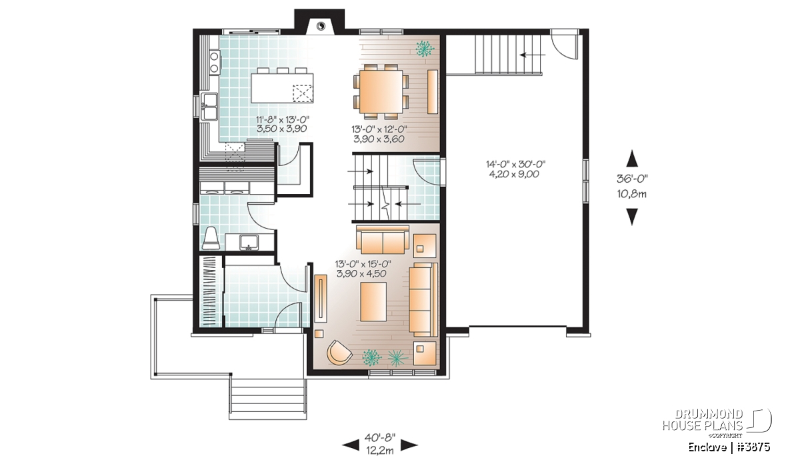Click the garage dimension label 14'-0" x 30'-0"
click(x=516, y=164)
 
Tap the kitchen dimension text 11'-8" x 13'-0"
click(x=282, y=119)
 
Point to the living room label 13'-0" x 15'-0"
click(x=363, y=264)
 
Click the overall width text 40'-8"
click(x=380, y=437)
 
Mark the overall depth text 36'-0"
click(x=632, y=178)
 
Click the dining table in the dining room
click(x=381, y=91)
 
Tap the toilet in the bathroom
click(x=211, y=238)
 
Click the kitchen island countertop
click(x=282, y=88)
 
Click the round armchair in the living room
click(x=339, y=353)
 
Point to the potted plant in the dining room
click(x=425, y=49)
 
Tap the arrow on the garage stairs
click(x=533, y=55)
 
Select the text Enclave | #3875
click(x=729, y=447)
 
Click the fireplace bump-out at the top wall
click(x=319, y=22)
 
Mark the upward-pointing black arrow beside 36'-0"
click(x=632, y=158)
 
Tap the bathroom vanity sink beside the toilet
click(x=249, y=242)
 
